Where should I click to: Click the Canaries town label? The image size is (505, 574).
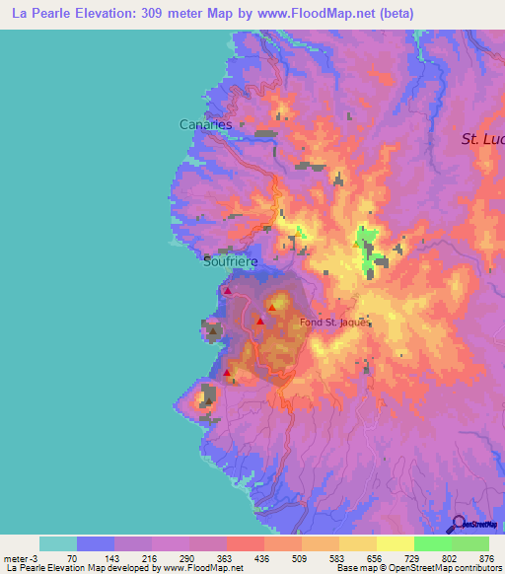205,125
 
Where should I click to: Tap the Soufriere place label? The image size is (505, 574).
230,263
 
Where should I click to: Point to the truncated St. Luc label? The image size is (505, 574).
482,139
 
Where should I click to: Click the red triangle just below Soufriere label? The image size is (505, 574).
228,291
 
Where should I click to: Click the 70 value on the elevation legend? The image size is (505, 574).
72,558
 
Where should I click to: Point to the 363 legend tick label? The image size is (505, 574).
223,558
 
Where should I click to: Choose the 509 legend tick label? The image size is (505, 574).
298,558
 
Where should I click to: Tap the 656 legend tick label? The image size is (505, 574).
375,558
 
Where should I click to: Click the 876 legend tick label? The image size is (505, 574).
485,558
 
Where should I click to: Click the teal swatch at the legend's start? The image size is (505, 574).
57,543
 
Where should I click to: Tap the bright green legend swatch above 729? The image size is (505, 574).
432,543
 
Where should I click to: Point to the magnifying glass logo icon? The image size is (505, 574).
458,525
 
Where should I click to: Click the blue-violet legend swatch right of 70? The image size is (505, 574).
95,543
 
